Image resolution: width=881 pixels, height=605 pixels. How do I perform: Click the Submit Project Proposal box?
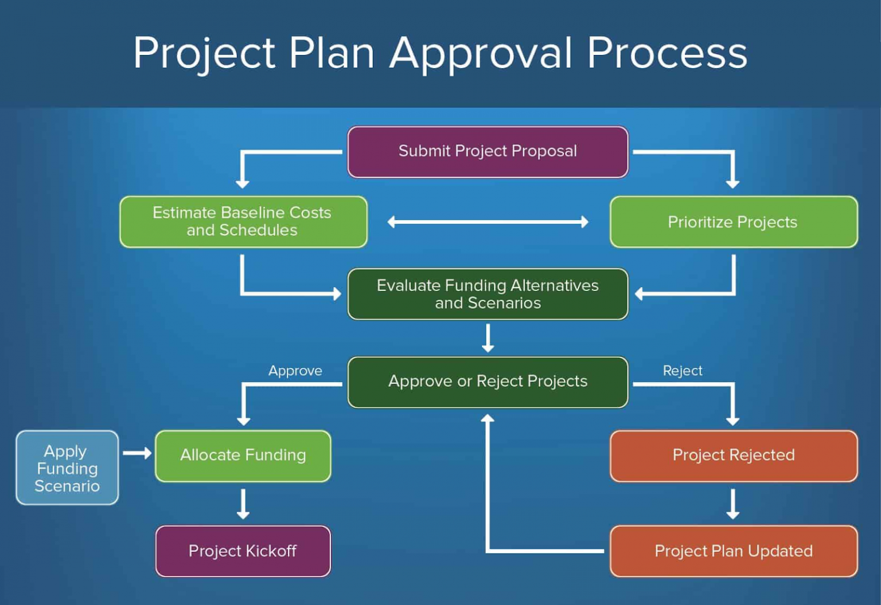tap(488, 152)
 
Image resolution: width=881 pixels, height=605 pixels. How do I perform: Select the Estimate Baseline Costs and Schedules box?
tap(243, 222)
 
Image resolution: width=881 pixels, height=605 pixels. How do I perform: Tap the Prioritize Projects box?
tap(733, 222)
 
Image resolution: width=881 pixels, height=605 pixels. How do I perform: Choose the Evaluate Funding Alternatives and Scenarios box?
tap(488, 294)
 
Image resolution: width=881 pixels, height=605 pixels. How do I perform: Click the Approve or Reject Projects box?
tap(488, 382)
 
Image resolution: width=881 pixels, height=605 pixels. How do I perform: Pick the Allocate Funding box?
tap(243, 455)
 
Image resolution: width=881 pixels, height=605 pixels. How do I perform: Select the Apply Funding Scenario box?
tap(67, 467)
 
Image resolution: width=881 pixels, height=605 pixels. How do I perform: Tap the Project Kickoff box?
tap(243, 551)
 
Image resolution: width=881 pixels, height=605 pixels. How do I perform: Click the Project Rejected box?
tap(733, 455)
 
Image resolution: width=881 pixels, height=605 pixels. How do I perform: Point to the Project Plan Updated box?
tap(733, 551)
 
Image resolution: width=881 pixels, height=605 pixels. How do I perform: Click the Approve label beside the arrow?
tap(295, 371)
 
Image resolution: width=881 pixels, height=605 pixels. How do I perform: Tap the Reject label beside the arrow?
tap(683, 371)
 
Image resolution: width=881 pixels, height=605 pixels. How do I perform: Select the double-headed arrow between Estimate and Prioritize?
tap(488, 222)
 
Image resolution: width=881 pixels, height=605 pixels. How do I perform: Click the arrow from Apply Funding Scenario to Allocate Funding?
tap(137, 453)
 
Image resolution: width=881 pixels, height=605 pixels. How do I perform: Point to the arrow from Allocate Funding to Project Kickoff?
tap(243, 504)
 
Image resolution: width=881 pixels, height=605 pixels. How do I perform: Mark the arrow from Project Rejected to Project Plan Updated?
tap(732, 504)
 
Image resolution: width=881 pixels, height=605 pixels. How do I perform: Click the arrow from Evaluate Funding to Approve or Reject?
tap(488, 338)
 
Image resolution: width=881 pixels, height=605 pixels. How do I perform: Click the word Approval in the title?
tap(481, 53)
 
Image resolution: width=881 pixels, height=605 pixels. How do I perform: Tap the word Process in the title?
tap(667, 53)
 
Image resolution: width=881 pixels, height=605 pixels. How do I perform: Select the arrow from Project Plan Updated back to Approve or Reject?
tap(488, 516)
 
